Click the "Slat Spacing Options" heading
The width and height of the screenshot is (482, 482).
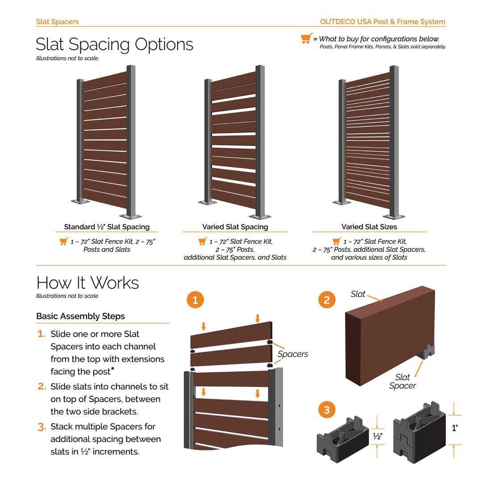114,44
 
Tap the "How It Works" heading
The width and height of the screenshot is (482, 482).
87,283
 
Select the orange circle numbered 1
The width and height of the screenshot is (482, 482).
195,300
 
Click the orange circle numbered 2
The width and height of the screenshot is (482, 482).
327,300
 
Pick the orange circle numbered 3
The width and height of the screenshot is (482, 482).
327,410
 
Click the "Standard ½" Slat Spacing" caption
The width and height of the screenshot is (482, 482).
107,227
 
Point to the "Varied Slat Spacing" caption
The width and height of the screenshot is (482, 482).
235,227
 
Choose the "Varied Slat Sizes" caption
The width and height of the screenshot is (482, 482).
369,227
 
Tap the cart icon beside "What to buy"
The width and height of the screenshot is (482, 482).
306,39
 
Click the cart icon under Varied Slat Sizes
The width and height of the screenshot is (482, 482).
337,241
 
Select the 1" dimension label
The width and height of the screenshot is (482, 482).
454,428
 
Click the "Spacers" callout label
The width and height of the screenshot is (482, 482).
293,354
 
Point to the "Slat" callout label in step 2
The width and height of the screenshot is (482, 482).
358,294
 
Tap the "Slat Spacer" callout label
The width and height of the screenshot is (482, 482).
402,382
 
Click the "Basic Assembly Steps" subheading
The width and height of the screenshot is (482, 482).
80,316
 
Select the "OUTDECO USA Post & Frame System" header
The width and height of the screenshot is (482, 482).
382,21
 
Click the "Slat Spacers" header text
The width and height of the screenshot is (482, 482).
57,21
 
